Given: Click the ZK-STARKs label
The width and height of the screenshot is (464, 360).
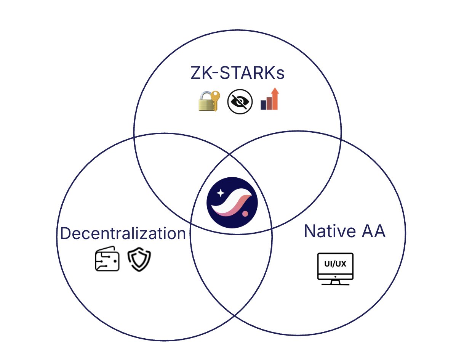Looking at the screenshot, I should click(x=237, y=74).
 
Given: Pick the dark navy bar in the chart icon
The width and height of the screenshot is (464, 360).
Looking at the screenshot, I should click(x=263, y=105).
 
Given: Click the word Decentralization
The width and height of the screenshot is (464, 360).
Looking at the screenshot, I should click(x=123, y=233).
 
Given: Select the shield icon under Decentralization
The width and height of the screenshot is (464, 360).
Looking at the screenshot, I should click(x=139, y=260).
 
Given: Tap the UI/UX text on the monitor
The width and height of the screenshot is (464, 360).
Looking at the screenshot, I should click(x=335, y=264).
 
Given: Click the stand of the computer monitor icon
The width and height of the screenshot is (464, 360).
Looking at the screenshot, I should click(x=335, y=282).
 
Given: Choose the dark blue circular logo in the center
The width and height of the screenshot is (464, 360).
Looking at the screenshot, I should click(x=232, y=202).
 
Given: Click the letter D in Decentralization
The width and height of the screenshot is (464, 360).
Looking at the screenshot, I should click(x=65, y=233).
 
